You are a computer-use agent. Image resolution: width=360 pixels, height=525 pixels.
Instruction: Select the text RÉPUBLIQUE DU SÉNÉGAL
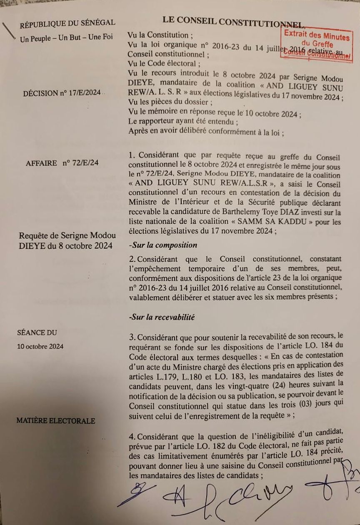67,23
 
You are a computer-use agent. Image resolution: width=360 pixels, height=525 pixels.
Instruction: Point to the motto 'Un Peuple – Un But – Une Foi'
66,38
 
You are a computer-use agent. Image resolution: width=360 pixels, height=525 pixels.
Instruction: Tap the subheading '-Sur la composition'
163,245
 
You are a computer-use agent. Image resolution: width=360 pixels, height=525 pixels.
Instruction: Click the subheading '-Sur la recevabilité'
162,317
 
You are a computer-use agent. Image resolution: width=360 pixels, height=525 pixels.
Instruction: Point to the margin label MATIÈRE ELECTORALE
55,421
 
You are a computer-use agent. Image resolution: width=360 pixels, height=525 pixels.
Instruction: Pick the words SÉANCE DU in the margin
37,332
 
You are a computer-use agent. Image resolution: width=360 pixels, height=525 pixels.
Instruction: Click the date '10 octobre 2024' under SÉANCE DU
40,346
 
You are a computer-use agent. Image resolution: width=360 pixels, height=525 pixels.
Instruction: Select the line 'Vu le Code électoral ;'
162,63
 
